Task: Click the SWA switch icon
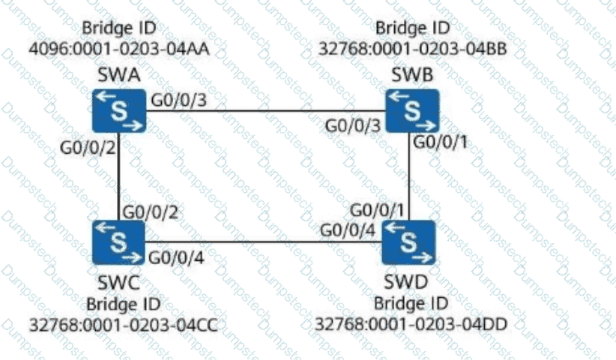click(x=118, y=110)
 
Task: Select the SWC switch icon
click(x=118, y=241)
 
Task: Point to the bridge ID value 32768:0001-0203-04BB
click(x=412, y=49)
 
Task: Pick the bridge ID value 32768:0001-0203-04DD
click(x=411, y=324)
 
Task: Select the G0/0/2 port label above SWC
click(x=149, y=213)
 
